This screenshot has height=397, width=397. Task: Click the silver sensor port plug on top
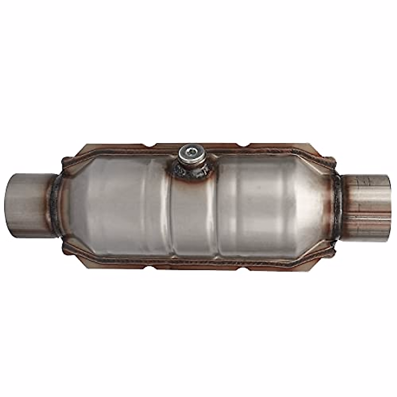click(x=190, y=155)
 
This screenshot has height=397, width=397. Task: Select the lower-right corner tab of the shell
click(x=331, y=246)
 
